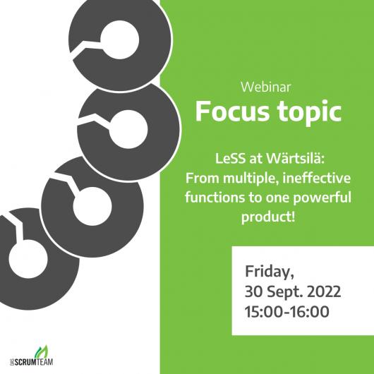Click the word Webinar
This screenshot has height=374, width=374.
pyautogui.click(x=266, y=87)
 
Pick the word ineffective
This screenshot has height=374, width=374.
pyautogui.click(x=317, y=178)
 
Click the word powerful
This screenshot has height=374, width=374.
pyautogui.click(x=322, y=198)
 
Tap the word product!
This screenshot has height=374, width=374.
pyautogui.click(x=268, y=217)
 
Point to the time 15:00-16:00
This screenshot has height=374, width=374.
pyautogui.click(x=287, y=311)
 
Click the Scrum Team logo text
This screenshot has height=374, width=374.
pyautogui.click(x=32, y=361)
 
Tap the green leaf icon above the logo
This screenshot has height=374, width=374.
pyautogui.click(x=41, y=351)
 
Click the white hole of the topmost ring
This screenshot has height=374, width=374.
pyautogui.click(x=119, y=40)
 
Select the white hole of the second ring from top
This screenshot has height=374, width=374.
pyautogui.click(x=129, y=130)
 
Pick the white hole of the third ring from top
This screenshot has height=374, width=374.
pyautogui.click(x=92, y=206)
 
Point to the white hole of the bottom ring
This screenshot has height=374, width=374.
pyautogui.click(x=28, y=259)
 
